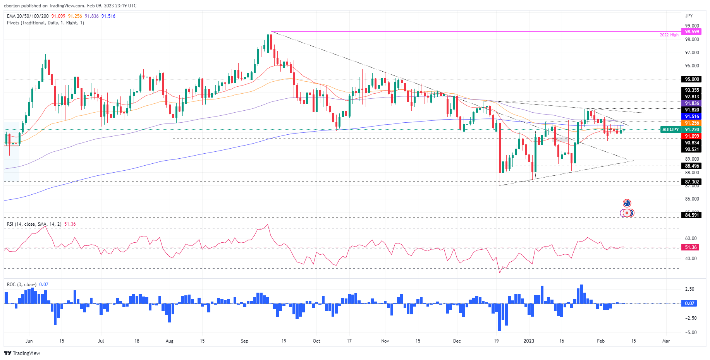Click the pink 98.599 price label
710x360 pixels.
692,32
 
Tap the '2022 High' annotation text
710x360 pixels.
669,35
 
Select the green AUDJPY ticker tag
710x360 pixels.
670,130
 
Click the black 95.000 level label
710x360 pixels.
692,79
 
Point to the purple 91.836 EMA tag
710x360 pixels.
692,103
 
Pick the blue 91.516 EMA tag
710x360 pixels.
692,117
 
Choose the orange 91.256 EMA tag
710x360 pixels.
692,123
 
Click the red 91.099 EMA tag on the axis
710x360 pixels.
692,136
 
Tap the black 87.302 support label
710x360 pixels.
692,182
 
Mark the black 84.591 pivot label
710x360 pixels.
692,215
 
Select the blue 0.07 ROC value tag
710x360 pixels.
689,303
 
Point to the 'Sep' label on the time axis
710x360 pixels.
244,341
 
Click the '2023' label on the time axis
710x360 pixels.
529,341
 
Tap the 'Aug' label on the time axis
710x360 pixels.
169,341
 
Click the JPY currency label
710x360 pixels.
689,16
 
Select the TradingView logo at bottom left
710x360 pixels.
22,353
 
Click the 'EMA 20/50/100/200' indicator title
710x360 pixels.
28,16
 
